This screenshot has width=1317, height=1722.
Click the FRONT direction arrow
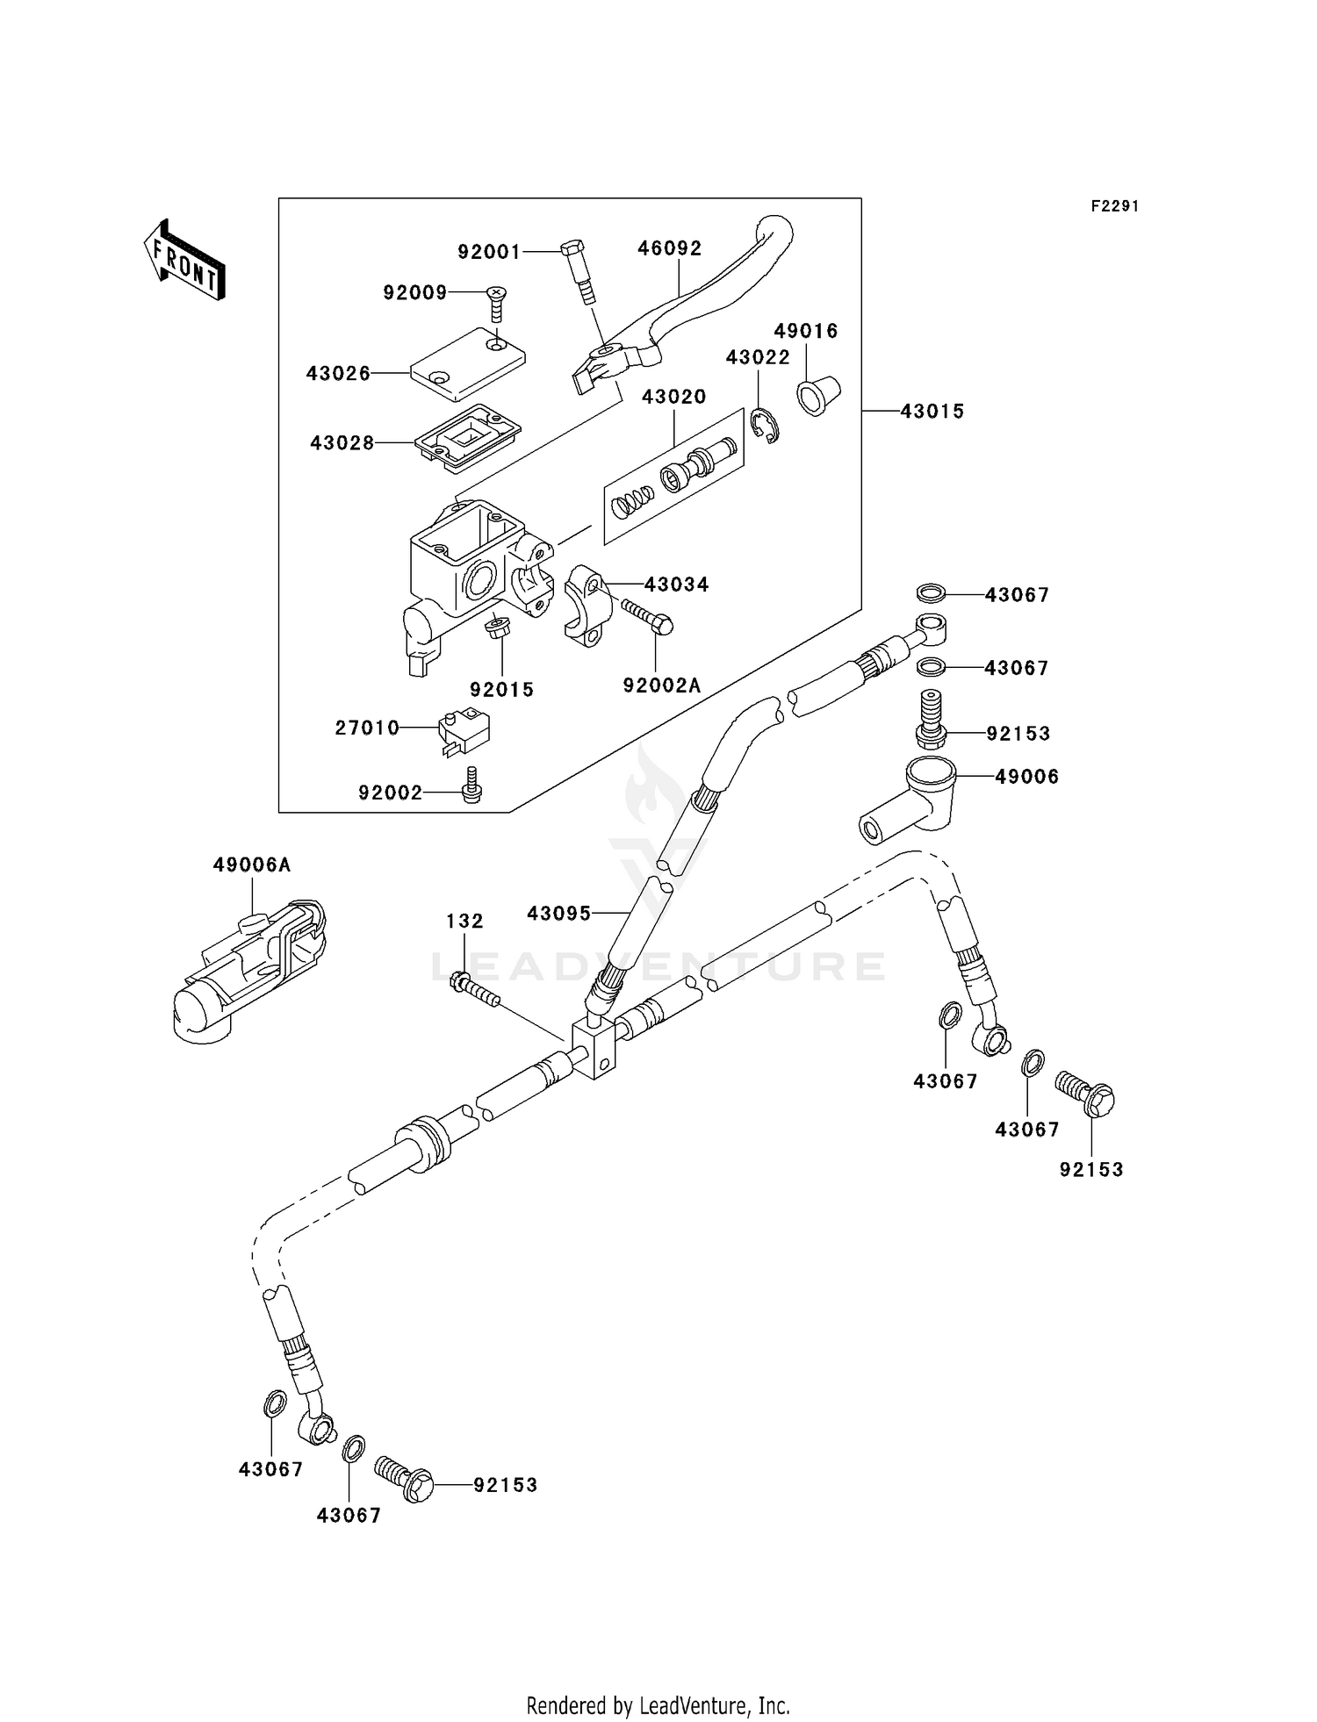pos(184,261)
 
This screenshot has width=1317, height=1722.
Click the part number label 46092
pos(669,248)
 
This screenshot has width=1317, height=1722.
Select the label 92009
pos(414,292)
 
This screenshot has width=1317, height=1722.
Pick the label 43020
pos(673,397)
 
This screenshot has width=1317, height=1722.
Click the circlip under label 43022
pos(766,426)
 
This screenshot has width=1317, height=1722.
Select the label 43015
pos(932,411)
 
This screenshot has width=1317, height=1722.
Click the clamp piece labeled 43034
pos(582,606)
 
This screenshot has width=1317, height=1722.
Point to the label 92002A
pos(662,685)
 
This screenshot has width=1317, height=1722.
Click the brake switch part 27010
pos(464,730)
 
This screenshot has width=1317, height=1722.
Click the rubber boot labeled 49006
pos(904,800)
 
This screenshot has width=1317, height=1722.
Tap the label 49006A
pos(251,865)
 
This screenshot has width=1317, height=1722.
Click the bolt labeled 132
pos(474,990)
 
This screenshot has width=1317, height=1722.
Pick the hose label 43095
pos(558,914)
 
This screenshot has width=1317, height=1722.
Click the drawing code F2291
pos(1114,206)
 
